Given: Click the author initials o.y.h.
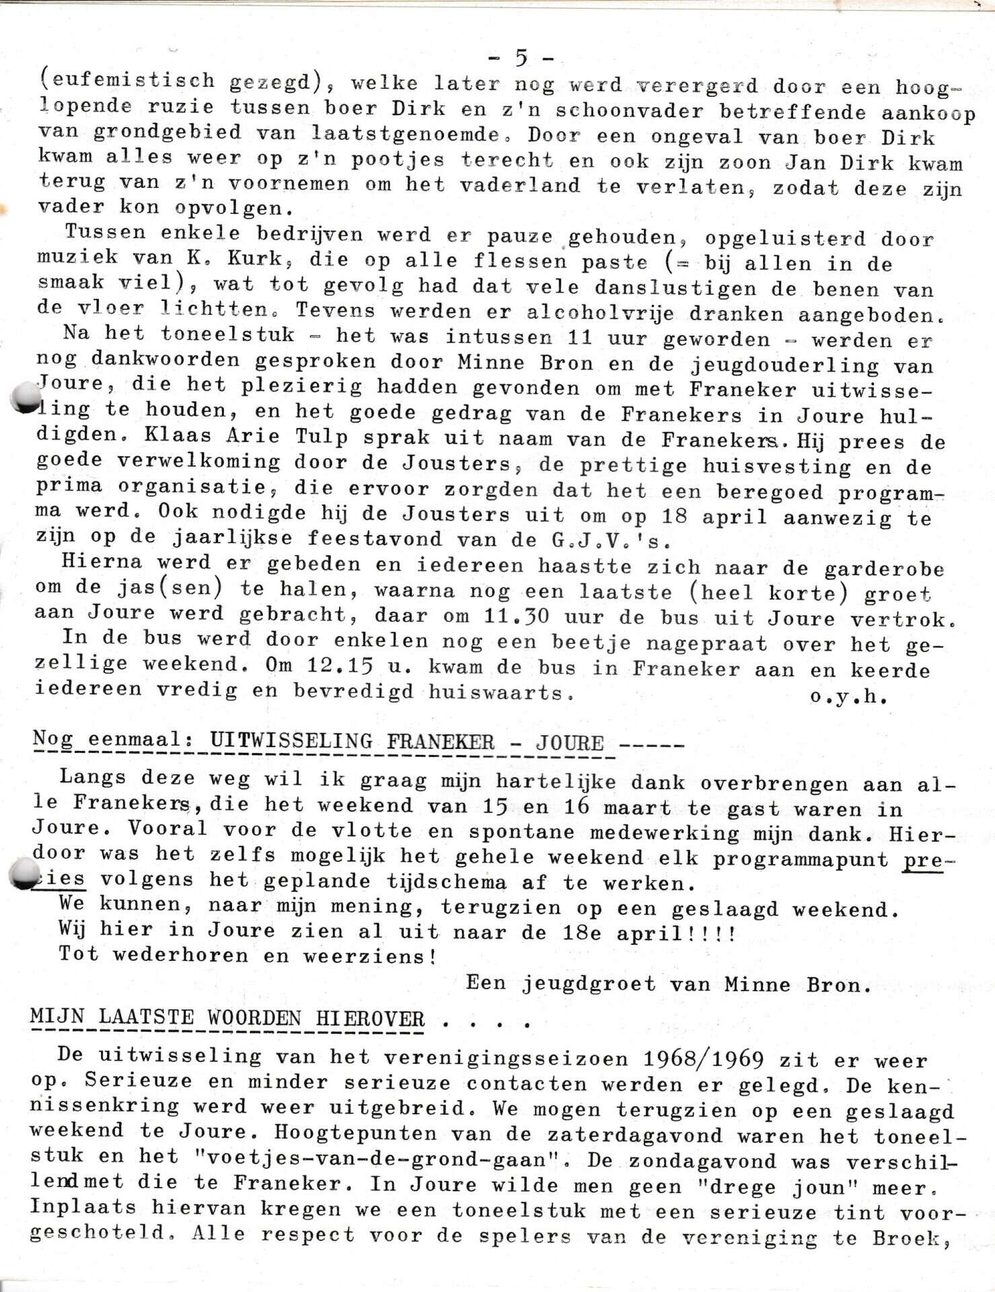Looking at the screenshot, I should [x=849, y=697].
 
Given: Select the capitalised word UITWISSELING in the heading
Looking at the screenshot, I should [x=291, y=742].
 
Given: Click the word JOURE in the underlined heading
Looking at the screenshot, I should [x=569, y=743].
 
